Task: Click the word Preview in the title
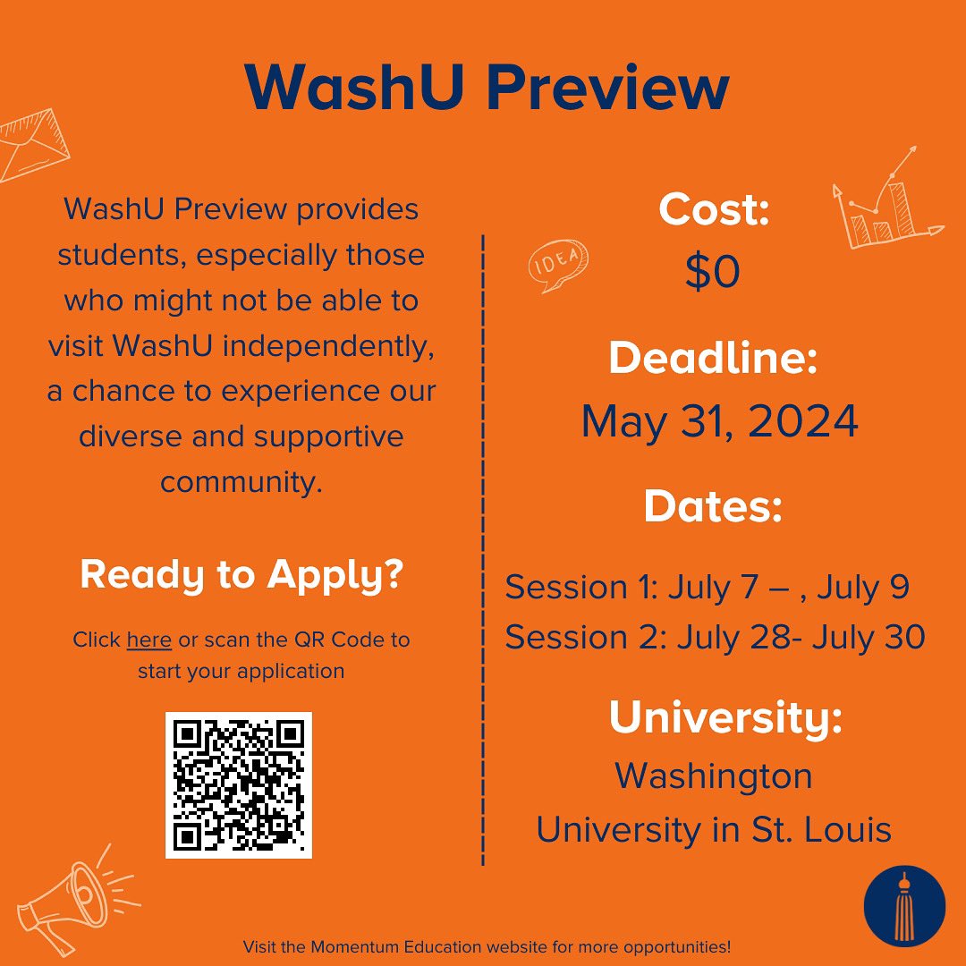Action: [x=608, y=89]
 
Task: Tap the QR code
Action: [x=239, y=785]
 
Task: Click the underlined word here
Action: [x=149, y=640]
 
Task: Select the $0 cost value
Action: [x=713, y=272]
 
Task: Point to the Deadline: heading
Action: [x=713, y=359]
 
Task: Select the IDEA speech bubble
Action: [x=558, y=265]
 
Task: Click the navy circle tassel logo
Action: [x=904, y=906]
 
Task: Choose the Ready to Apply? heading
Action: [x=241, y=575]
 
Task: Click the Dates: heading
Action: [x=713, y=507]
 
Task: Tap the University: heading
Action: [x=725, y=718]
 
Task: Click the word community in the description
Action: [x=241, y=482]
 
